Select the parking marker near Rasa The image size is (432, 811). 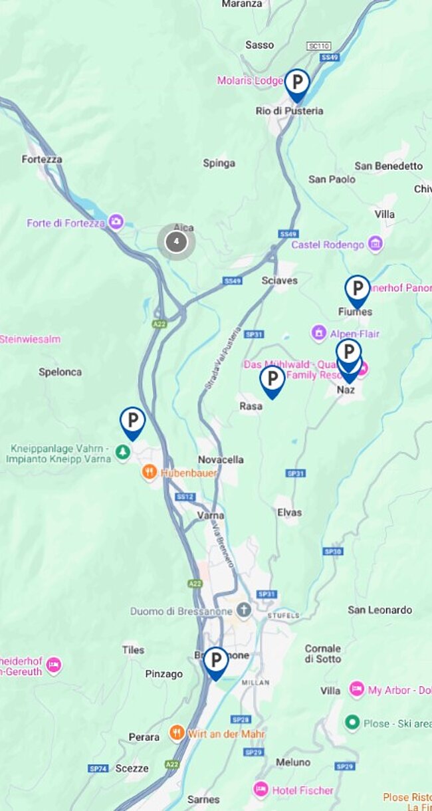tap(272, 380)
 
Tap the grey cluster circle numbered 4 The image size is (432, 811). tap(176, 241)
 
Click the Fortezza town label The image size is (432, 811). tap(42, 160)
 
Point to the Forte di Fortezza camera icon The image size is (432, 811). tap(116, 222)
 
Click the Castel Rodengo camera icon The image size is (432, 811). tap(376, 244)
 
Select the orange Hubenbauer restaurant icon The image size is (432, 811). tap(150, 473)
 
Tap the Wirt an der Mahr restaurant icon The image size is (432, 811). tap(176, 733)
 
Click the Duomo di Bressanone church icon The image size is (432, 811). tap(245, 611)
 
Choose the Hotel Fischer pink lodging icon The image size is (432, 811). tap(261, 790)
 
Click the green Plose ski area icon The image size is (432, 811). tap(352, 723)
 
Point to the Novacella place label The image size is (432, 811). tap(221, 459)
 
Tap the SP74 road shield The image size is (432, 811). tap(98, 768)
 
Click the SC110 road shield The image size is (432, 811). tap(318, 46)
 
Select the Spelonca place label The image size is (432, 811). tap(60, 372)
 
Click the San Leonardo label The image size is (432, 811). tap(379, 610)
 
